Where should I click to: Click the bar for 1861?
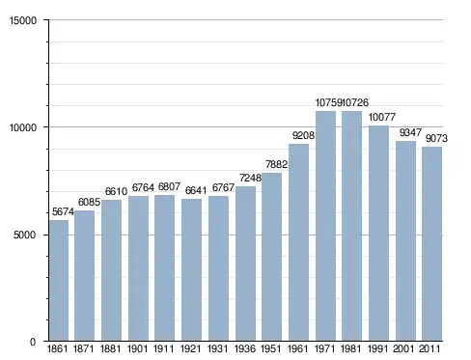tap(59, 280)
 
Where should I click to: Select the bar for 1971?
tap(325, 226)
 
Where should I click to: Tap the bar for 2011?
tap(432, 244)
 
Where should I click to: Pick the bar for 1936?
tap(245, 263)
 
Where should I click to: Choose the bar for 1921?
tap(191, 269)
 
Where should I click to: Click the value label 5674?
tap(63, 211)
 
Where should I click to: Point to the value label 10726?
tap(355, 102)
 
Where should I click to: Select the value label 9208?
tap(303, 135)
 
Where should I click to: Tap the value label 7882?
tap(276, 164)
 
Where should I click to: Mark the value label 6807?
tap(169, 186)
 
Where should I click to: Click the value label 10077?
tap(382, 117)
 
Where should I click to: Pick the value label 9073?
tap(436, 138)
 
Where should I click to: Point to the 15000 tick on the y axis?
tap(23, 20)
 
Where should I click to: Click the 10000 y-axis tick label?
tap(23, 127)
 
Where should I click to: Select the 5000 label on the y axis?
tap(25, 235)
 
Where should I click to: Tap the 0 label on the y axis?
tap(33, 342)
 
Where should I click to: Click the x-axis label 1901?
tap(137, 348)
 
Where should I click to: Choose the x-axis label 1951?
tap(270, 348)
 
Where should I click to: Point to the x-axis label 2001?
tap(403, 348)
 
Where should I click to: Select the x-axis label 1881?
tap(110, 348)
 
